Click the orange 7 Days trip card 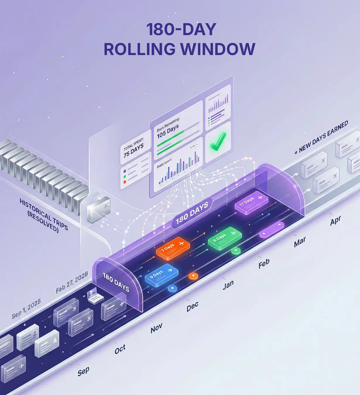point(173,249)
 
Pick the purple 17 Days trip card point(251,203)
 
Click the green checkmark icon point(218,142)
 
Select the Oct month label point(120,349)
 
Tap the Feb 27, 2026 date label point(72,282)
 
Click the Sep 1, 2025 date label point(26,308)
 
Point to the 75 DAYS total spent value point(134,150)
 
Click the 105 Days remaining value point(168,131)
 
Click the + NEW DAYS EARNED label point(321,137)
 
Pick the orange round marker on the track point(193,276)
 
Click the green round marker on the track point(236,251)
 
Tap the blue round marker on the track point(172,288)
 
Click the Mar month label point(300,242)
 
